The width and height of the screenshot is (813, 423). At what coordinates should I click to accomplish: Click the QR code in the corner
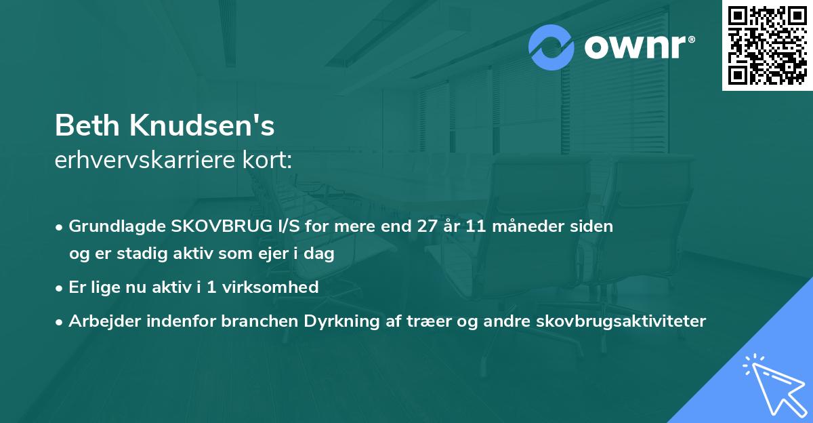coord(767,45)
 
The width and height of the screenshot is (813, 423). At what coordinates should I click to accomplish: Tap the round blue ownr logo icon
coord(551,47)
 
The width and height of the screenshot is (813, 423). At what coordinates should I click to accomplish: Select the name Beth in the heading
coord(87,126)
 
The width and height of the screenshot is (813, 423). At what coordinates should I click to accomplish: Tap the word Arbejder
coord(100,321)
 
